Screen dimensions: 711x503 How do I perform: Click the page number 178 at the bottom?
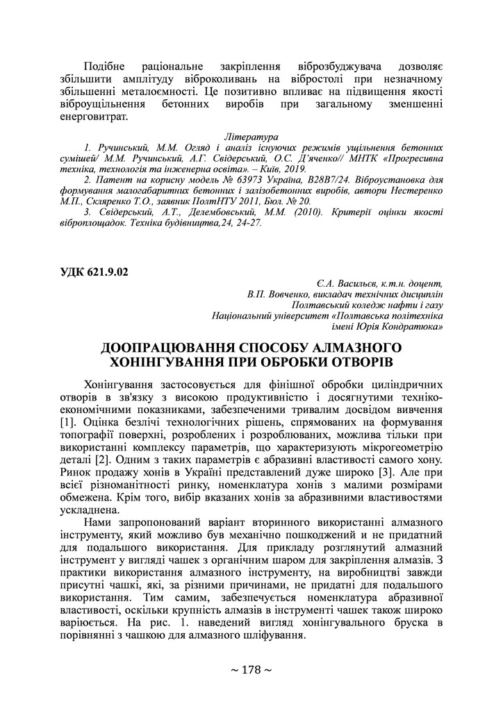point(251,670)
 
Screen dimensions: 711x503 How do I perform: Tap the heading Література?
point(251,137)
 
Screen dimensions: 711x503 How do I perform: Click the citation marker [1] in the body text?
point(68,421)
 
